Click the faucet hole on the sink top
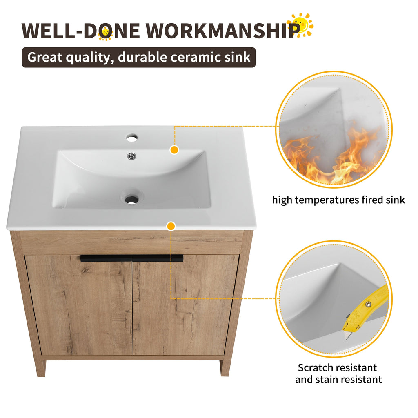click(131, 138)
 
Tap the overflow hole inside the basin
click(131, 155)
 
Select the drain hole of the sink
click(131, 199)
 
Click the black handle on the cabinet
click(131, 258)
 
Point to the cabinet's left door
click(80, 306)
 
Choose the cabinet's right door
click(186, 306)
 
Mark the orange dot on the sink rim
click(174, 150)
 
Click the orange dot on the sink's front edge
click(171, 226)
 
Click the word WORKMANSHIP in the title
click(220, 31)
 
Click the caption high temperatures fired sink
click(338, 200)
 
